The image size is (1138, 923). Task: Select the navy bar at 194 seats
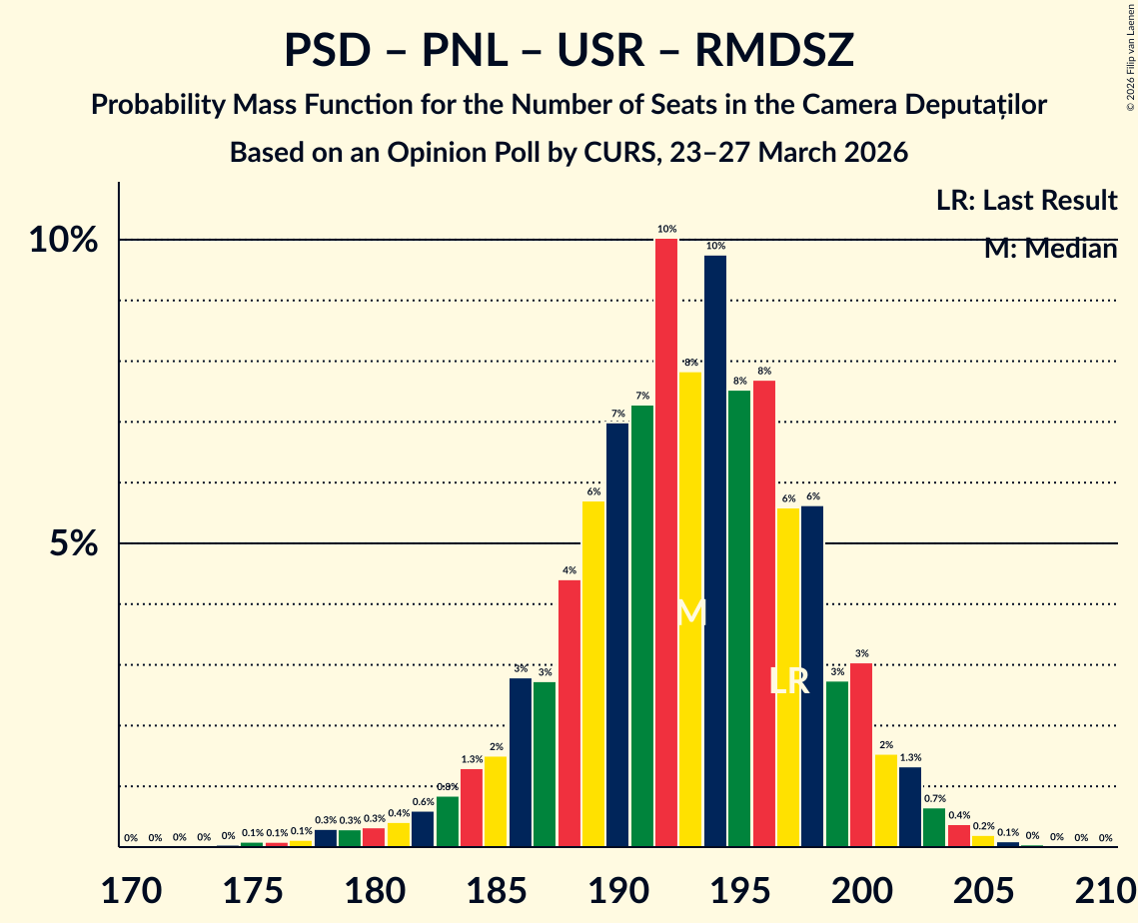[715, 550]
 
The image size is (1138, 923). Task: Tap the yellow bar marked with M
[690, 609]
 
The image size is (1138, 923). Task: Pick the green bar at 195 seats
[739, 618]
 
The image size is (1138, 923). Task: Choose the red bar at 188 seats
[569, 713]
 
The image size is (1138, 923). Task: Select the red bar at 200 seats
[861, 754]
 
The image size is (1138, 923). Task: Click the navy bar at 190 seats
[617, 634]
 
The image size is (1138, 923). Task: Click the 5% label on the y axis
[76, 544]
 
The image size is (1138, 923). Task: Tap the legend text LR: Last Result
[1026, 201]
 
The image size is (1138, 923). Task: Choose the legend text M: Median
[1050, 249]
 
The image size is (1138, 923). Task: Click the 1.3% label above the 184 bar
[472, 759]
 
